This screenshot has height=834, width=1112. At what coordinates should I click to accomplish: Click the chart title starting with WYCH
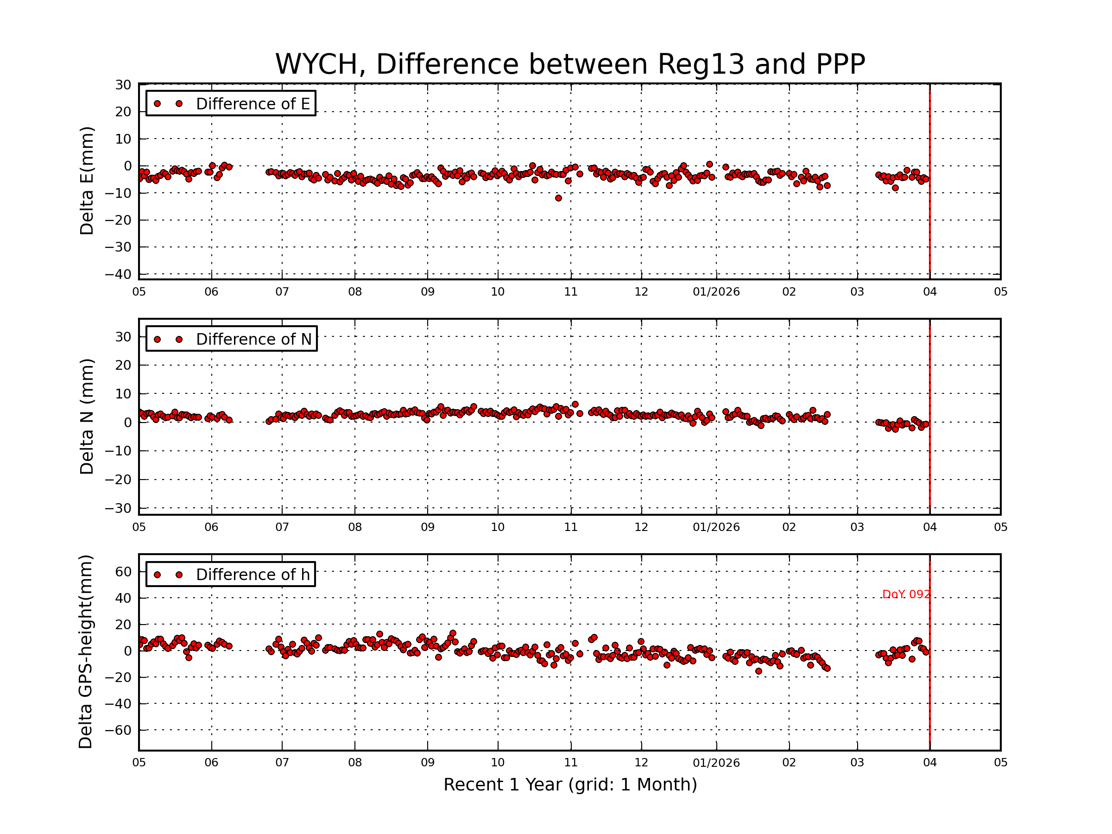[569, 64]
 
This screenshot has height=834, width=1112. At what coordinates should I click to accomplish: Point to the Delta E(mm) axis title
[87, 181]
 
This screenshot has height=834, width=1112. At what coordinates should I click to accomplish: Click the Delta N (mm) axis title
[87, 416]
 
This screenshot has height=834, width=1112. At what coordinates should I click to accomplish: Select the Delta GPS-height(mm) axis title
[85, 652]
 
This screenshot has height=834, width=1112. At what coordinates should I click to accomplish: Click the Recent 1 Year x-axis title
[569, 785]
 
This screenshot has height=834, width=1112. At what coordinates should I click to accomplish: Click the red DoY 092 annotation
[905, 594]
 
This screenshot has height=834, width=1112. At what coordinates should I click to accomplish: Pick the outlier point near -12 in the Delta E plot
[558, 198]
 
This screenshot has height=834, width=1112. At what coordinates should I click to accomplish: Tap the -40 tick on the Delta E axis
[118, 274]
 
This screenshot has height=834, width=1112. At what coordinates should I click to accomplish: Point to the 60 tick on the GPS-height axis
[123, 572]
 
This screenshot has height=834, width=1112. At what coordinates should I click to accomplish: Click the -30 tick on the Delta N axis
[118, 508]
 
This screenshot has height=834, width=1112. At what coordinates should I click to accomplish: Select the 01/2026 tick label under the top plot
[716, 292]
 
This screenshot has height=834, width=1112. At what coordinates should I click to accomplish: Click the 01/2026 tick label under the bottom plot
[716, 763]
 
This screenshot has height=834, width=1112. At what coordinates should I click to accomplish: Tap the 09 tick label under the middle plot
[427, 527]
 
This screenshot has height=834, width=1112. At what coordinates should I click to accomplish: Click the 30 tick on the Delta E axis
[123, 85]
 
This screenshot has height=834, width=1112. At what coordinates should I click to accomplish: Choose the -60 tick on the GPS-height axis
[118, 730]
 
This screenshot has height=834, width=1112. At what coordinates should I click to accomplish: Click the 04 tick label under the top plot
[929, 292]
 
